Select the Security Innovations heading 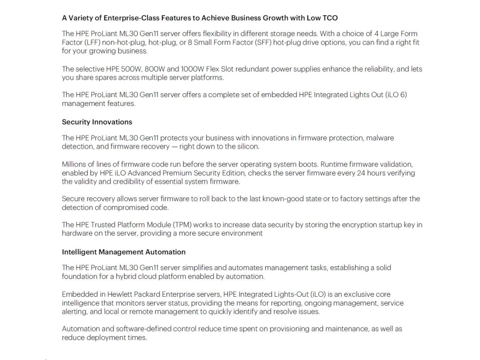(x=97, y=122)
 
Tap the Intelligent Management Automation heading (x=124, y=252)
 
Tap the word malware (x=380, y=138)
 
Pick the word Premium (x=174, y=173)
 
